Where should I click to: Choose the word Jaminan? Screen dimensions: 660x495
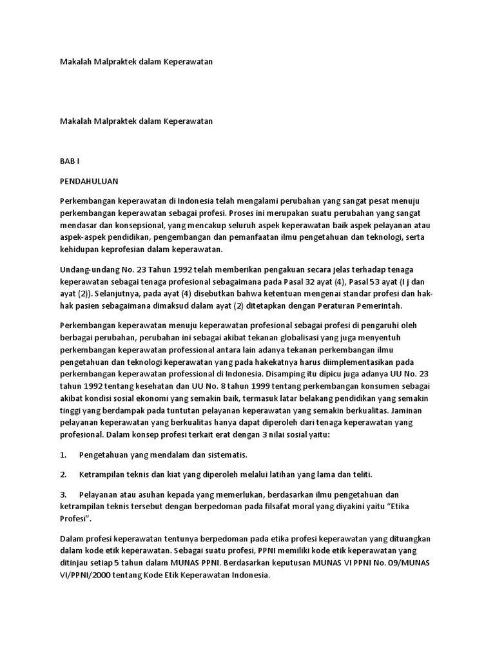[412, 410]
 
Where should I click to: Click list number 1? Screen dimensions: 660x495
[63, 454]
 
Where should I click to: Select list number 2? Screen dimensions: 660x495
[63, 474]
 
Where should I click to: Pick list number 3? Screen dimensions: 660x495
[63, 494]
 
